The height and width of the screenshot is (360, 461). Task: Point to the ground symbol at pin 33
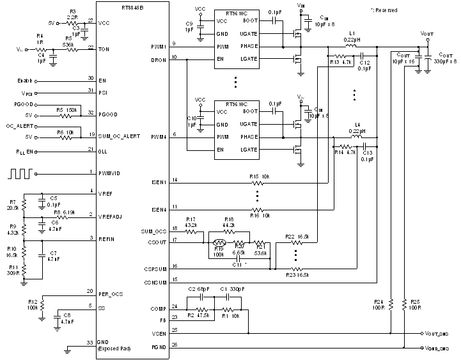[x=67, y=350]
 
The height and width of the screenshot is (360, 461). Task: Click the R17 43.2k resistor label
[x=190, y=222]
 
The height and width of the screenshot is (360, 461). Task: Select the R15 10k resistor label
[x=259, y=176]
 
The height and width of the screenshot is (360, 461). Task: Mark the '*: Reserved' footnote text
[x=384, y=10]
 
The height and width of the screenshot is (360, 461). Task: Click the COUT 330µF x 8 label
[x=444, y=58]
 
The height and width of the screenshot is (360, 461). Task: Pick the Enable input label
[x=24, y=81]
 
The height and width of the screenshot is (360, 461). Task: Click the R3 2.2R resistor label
[x=72, y=15]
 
